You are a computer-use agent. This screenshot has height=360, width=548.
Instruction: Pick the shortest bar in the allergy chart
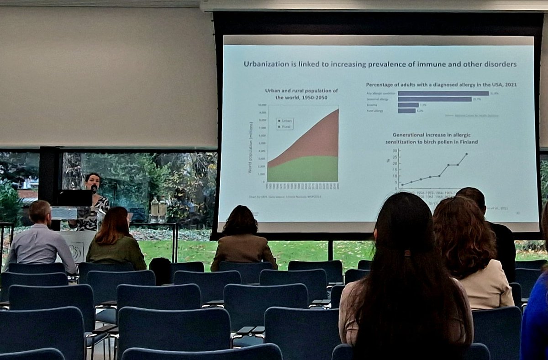[x=406, y=111]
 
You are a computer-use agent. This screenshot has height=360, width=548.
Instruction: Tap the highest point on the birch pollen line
[x=466, y=154]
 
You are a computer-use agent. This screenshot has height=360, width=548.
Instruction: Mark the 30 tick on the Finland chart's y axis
[x=395, y=151]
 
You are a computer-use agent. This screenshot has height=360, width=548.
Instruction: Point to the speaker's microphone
[x=94, y=188]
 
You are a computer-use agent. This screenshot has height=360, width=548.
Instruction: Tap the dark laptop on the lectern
[x=75, y=198]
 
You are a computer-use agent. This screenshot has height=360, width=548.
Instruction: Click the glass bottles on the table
[x=158, y=209]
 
